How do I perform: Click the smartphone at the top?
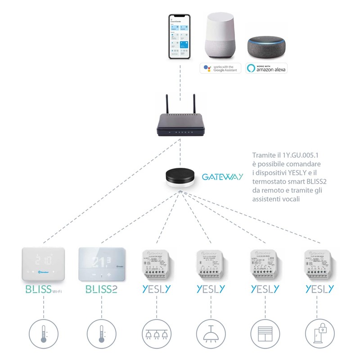pyautogui.click(x=180, y=37)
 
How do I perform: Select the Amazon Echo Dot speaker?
pyautogui.click(x=266, y=46)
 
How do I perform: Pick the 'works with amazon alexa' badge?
pyautogui.click(x=266, y=68)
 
